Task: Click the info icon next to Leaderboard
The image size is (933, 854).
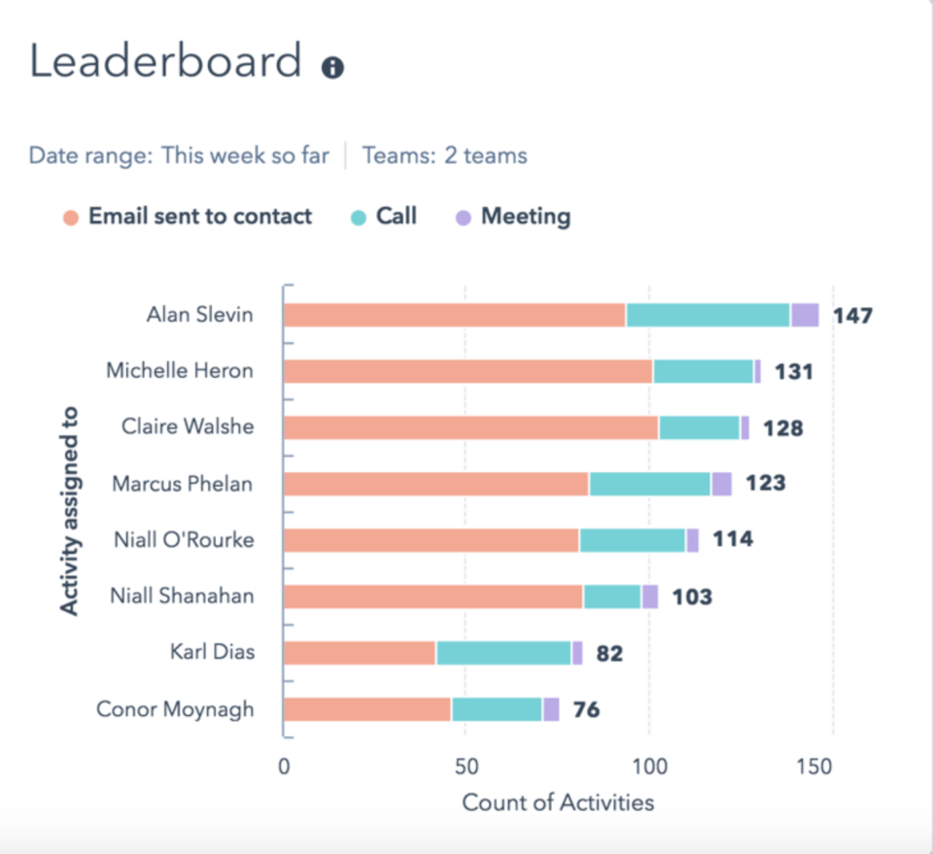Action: [x=332, y=68]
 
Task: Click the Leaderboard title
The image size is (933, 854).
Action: [x=165, y=62]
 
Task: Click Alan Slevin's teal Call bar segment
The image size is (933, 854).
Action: [x=708, y=315]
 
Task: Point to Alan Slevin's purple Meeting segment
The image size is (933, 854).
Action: [x=805, y=315]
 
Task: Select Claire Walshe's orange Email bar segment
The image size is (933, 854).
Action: [x=470, y=427]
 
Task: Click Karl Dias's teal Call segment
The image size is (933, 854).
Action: [x=503, y=653]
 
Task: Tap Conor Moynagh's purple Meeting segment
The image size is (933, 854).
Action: [x=551, y=709]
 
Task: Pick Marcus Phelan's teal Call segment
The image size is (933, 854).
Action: [x=649, y=484]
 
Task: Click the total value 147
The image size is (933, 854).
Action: [x=852, y=316]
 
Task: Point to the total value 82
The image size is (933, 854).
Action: [x=609, y=654]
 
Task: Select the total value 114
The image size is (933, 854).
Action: [x=733, y=539]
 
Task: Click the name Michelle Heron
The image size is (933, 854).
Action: [x=180, y=370]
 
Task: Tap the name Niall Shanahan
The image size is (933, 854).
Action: [x=182, y=596]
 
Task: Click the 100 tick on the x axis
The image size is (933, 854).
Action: [x=649, y=767]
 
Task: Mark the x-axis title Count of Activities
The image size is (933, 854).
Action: [x=558, y=803]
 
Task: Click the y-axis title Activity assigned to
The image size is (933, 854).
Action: [x=69, y=510]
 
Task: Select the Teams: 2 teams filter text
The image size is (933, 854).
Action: [x=444, y=155]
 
